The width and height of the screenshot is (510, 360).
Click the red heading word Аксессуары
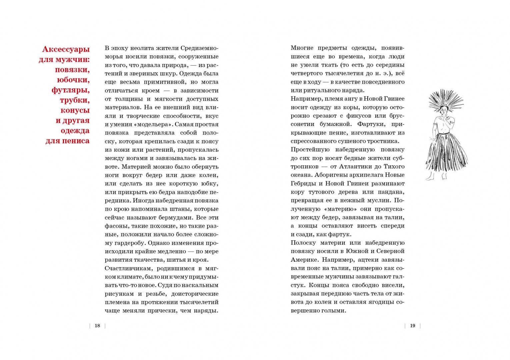click(x=66, y=49)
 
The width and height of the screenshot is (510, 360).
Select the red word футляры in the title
click(x=70, y=90)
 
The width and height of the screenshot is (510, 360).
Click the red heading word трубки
click(x=75, y=100)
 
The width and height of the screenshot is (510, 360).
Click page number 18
click(x=97, y=326)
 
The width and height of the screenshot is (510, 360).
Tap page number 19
click(x=412, y=326)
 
